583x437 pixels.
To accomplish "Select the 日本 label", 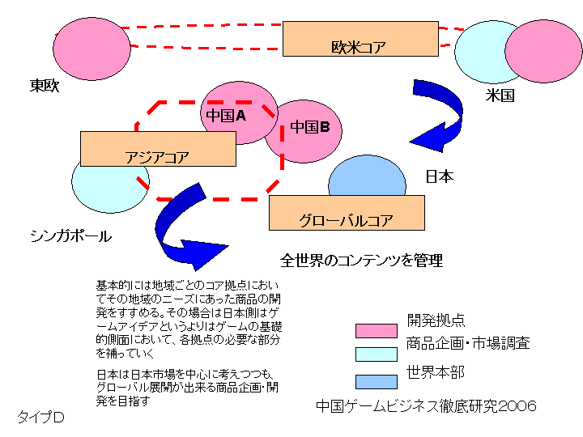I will [x=440, y=176].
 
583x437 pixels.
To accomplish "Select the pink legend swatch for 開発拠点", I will [x=376, y=330].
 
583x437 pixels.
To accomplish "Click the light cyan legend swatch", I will [x=376, y=354].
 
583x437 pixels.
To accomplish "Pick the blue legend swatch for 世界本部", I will [x=376, y=381].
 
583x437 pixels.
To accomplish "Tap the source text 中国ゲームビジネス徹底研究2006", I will [x=426, y=406].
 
